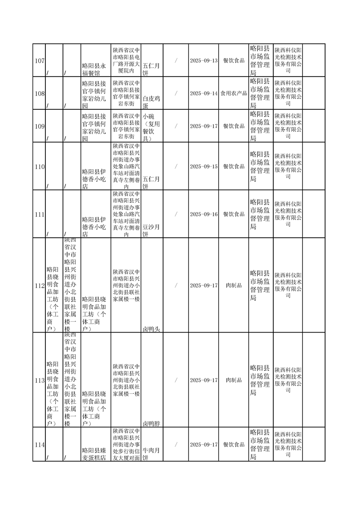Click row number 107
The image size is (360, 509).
pyautogui.click(x=39, y=61)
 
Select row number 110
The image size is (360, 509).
pyautogui.click(x=39, y=166)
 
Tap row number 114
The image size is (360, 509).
pyautogui.click(x=39, y=445)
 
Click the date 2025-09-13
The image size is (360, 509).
pyautogui.click(x=203, y=61)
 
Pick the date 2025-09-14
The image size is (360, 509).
pyautogui.click(x=203, y=93)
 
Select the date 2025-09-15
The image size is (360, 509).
pyautogui.click(x=203, y=166)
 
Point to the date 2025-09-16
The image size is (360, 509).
pyautogui.click(x=203, y=214)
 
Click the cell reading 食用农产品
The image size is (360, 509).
pyautogui.click(x=233, y=93)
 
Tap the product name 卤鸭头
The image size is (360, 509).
pyautogui.click(x=152, y=328)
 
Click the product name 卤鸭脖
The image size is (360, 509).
pyautogui.click(x=152, y=423)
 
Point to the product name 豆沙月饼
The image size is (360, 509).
pyautogui.click(x=152, y=230)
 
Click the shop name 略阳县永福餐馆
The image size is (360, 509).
pyautogui.click(x=96, y=69)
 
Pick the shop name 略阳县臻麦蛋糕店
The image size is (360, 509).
pyautogui.click(x=96, y=454)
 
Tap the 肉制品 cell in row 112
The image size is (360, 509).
pyautogui.click(x=233, y=285)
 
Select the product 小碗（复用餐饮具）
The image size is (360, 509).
pyautogui.click(x=152, y=126)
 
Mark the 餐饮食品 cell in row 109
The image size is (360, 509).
pyautogui.click(x=233, y=126)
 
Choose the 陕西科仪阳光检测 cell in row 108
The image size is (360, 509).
pyautogui.click(x=288, y=93)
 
